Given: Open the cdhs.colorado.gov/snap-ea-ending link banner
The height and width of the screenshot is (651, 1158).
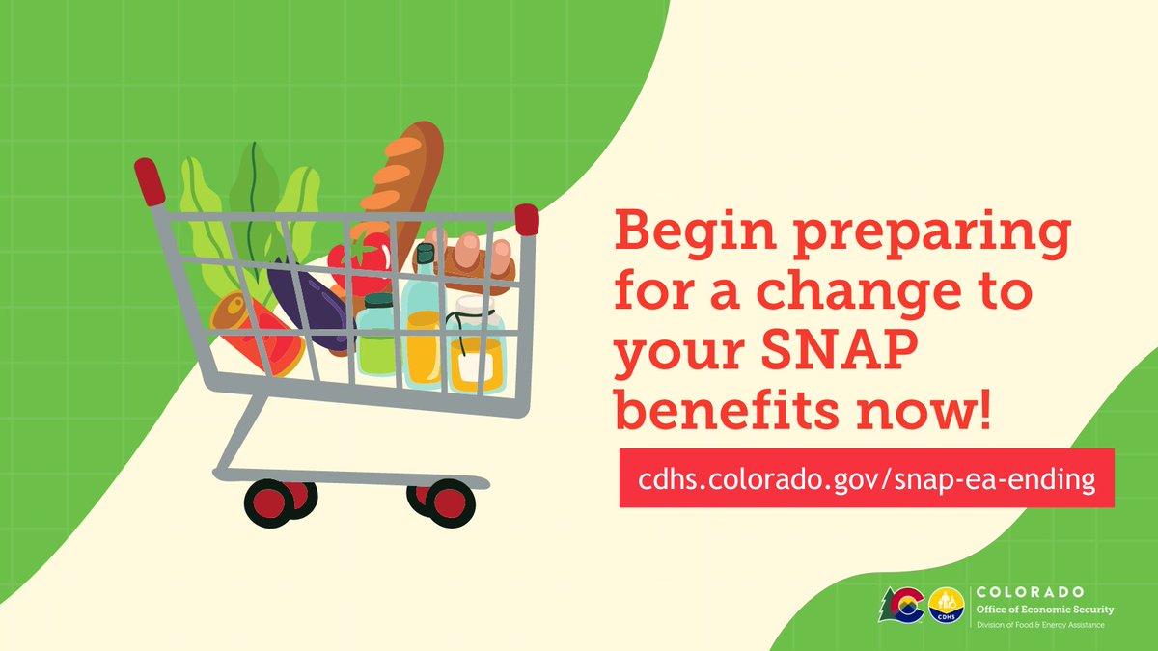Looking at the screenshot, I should [x=866, y=478].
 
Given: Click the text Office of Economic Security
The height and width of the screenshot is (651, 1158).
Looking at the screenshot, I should [x=1045, y=610].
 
